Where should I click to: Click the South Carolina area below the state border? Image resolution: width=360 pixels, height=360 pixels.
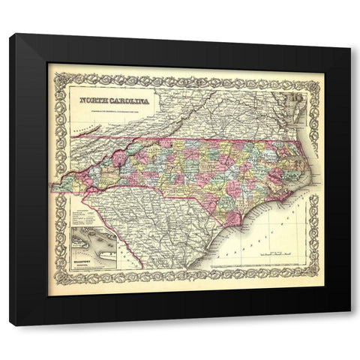pyautogui.click(x=150, y=225)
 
